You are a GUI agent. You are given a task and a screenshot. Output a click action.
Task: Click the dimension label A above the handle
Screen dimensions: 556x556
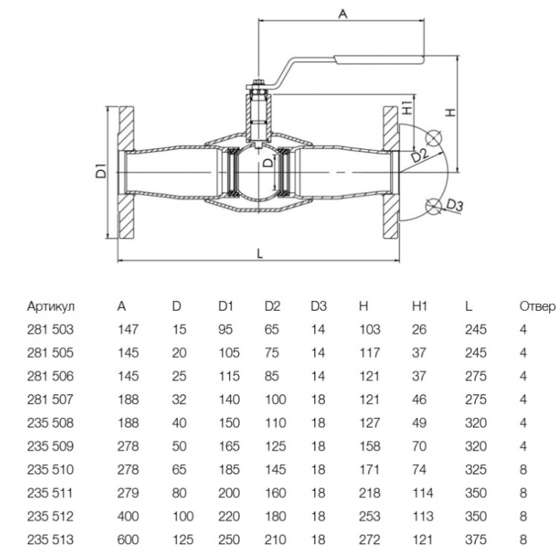(x=342, y=14)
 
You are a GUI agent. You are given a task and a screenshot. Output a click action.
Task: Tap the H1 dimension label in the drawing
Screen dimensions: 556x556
(x=408, y=107)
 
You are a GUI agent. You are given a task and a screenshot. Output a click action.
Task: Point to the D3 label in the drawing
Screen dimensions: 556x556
(x=454, y=205)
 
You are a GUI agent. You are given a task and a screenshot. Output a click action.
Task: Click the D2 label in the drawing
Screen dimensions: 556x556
(x=420, y=156)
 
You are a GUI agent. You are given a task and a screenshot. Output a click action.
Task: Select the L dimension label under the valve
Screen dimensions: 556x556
(x=260, y=254)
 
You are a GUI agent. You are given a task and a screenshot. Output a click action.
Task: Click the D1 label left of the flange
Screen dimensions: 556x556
(x=101, y=171)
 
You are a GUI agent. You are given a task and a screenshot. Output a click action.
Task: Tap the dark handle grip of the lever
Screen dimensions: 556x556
(x=380, y=59)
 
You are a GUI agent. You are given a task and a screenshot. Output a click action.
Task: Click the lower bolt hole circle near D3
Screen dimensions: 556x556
(x=433, y=206)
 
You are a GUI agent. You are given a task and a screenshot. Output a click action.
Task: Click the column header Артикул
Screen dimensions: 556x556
(x=50, y=306)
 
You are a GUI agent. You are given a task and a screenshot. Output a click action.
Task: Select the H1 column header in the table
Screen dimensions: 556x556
(x=420, y=306)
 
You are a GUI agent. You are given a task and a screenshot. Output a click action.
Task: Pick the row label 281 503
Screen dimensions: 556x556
(x=50, y=330)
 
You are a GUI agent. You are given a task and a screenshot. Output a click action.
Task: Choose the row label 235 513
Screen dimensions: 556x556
(x=50, y=540)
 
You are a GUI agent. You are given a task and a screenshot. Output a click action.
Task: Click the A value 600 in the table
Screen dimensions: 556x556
(x=128, y=540)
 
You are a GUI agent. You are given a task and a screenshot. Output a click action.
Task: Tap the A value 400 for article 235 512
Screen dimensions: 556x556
(x=128, y=516)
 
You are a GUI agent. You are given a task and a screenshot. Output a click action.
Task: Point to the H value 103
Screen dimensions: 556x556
(x=369, y=330)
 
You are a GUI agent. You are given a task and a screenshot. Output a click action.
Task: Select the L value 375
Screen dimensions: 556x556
(x=475, y=540)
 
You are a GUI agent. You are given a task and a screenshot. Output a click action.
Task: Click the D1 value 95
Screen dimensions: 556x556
(x=225, y=330)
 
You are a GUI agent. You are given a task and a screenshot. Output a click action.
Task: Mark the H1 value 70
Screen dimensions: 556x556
(x=419, y=446)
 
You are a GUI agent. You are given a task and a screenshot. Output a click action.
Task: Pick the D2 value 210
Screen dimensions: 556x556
(x=275, y=540)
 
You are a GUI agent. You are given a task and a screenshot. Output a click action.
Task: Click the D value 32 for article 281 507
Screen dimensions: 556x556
(x=179, y=400)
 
